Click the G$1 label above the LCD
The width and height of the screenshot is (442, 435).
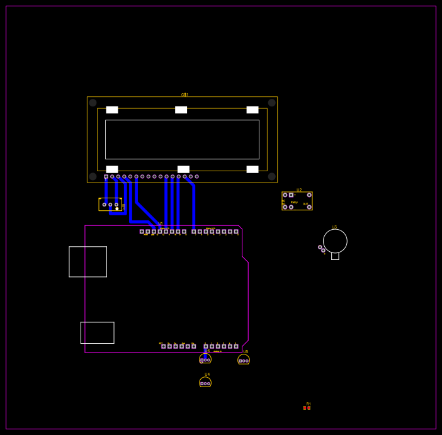pyautogui.click(x=184, y=95)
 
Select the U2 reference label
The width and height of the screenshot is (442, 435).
pyautogui.click(x=299, y=189)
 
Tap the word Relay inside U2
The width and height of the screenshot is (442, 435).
pyautogui.click(x=294, y=202)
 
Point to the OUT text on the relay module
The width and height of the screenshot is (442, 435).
pyautogui.click(x=305, y=204)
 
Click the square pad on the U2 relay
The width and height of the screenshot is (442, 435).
pyautogui.click(x=291, y=195)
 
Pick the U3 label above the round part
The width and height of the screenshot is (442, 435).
pyautogui.click(x=334, y=227)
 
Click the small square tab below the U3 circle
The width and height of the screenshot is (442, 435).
pyautogui.click(x=335, y=256)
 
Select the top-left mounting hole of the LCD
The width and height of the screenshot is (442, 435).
pyautogui.click(x=93, y=103)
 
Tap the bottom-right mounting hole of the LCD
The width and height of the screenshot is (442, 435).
pyautogui.click(x=272, y=177)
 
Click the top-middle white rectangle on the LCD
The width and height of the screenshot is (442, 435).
pyautogui.click(x=181, y=110)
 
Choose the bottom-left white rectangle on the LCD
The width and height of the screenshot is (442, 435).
pyautogui.click(x=112, y=169)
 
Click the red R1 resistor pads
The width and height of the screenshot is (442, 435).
pyautogui.click(x=307, y=408)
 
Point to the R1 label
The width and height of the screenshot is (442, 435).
pyautogui.click(x=309, y=404)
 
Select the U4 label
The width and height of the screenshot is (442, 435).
pyautogui.click(x=207, y=375)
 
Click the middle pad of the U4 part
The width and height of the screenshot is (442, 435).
pyautogui.click(x=205, y=383)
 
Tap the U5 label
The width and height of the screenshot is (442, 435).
pyautogui.click(x=246, y=352)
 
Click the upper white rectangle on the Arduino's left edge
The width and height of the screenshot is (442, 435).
pyautogui.click(x=88, y=261)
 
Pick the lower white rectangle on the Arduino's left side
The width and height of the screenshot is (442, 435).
pyautogui.click(x=97, y=332)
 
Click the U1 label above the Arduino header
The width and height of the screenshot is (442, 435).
pyautogui.click(x=160, y=223)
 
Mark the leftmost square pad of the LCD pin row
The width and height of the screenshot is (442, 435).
pyautogui.click(x=106, y=177)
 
